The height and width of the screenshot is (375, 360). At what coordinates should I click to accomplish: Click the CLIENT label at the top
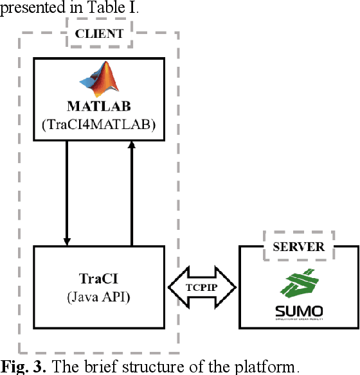tap(100, 34)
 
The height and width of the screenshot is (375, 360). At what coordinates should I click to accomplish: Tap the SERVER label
tap(298, 247)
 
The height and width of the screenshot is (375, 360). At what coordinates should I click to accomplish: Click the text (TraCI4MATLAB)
tap(99, 125)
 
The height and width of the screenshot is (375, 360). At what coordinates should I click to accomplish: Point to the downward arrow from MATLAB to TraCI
tap(67, 193)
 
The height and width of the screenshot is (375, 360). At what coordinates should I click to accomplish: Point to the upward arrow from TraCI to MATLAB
tap(131, 193)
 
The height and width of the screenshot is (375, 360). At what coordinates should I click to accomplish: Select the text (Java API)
tap(99, 298)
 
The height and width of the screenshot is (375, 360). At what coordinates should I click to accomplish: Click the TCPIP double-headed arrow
tap(203, 288)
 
